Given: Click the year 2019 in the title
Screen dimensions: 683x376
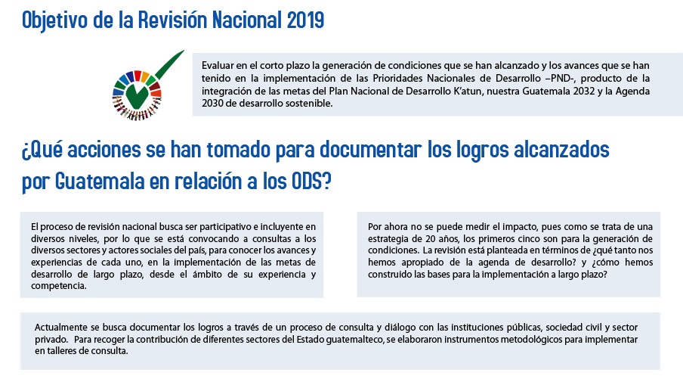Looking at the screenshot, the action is click(x=305, y=20).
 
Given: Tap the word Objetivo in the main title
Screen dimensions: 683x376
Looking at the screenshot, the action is click(x=54, y=20).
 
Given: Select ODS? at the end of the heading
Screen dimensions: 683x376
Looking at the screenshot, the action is click(x=310, y=182).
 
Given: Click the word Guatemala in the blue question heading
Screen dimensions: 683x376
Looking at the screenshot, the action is click(x=100, y=182).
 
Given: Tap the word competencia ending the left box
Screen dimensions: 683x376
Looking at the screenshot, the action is click(x=59, y=286).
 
